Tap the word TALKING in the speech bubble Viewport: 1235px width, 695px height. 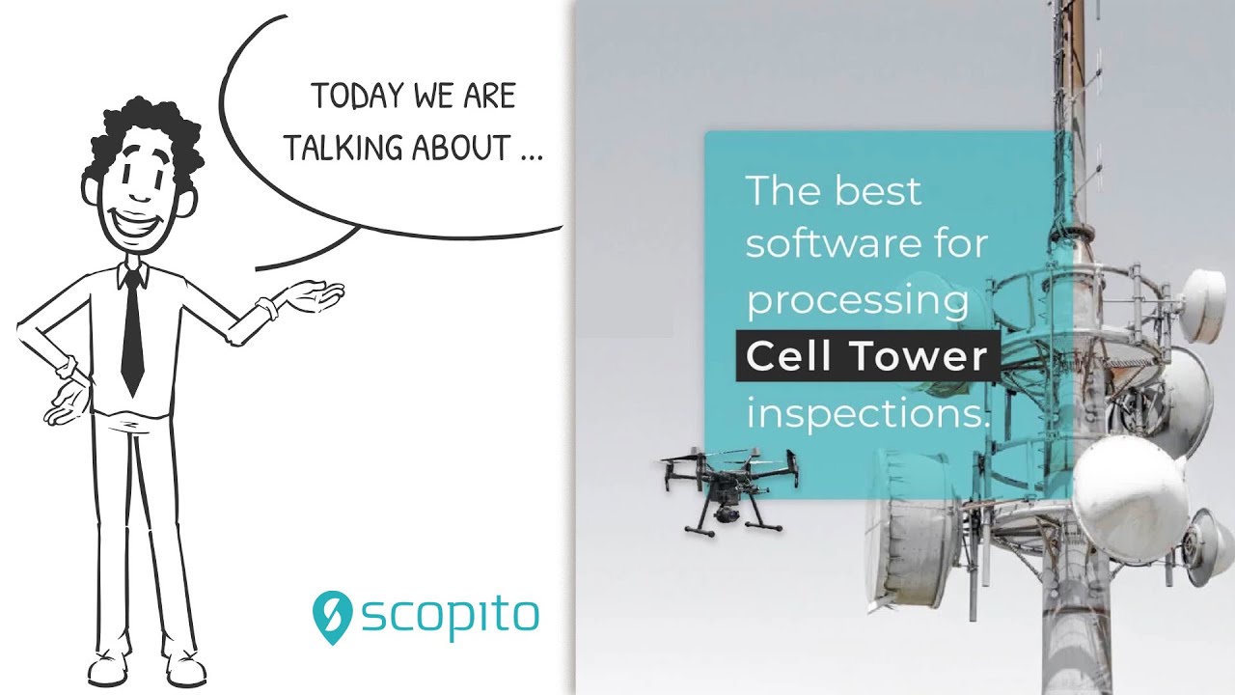344,150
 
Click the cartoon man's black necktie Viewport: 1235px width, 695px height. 132,328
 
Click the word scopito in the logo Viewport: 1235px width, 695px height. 450,616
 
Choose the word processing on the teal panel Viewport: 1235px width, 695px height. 857,302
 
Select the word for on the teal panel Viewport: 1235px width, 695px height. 959,244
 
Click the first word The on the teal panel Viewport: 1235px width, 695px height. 781,190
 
